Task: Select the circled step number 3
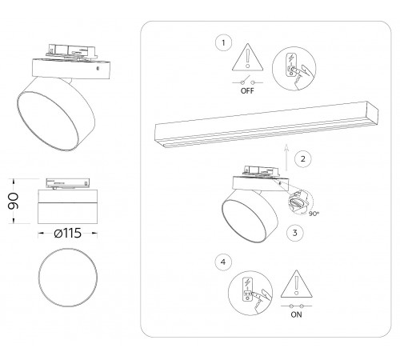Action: coord(295,234)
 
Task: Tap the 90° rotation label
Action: coord(312,214)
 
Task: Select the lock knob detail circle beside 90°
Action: coord(301,200)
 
